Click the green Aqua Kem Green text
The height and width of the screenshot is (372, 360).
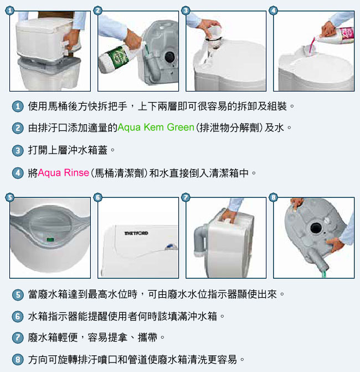(x=156, y=128)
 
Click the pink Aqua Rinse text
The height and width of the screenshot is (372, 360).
(x=63, y=173)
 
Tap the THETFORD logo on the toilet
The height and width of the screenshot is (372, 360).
(x=136, y=233)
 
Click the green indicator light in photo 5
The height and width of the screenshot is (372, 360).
(x=50, y=239)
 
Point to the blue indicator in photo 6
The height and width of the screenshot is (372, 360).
(x=169, y=247)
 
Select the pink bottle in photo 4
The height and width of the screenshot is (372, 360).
(x=337, y=35)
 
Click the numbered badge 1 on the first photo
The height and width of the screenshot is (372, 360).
(x=10, y=11)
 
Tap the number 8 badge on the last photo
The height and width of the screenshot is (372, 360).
(x=273, y=197)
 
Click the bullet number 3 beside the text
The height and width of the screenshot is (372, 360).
(x=18, y=151)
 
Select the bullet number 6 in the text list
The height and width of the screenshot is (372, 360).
(x=18, y=317)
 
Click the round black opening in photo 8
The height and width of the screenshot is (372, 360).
(x=316, y=228)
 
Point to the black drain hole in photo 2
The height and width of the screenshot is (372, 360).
(x=169, y=57)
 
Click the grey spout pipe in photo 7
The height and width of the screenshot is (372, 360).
(x=200, y=239)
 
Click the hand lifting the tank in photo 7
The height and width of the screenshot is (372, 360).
(x=229, y=215)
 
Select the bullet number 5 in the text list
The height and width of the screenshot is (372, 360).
(x=18, y=295)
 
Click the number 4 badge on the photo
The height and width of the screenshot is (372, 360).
(x=273, y=11)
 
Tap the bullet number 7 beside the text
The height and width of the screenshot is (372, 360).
(x=18, y=338)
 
